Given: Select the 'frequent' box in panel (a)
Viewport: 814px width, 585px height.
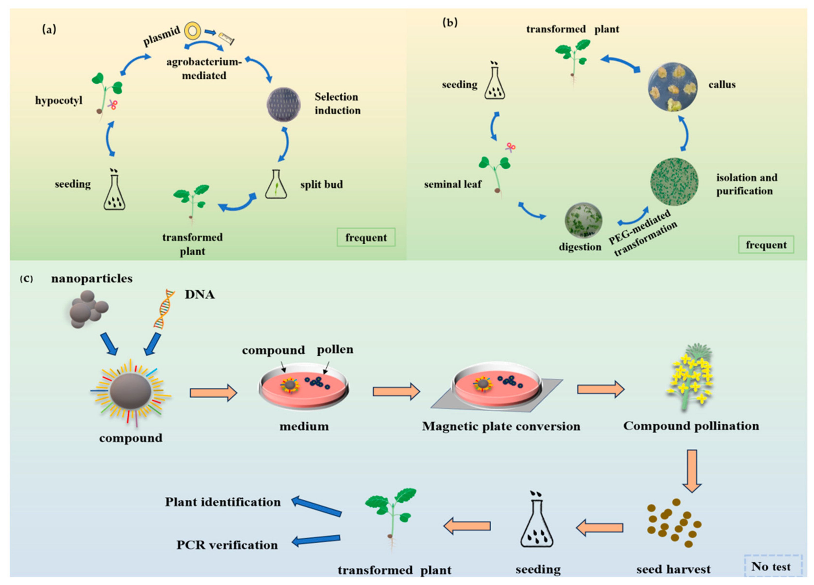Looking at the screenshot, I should click(366, 237).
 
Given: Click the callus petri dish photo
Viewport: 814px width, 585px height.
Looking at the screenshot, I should click(672, 87).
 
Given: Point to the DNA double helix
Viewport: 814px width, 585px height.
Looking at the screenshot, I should click(164, 309).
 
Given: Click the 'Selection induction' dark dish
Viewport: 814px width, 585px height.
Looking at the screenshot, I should click(283, 104).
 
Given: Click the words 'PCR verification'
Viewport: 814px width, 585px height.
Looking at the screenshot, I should click(227, 545).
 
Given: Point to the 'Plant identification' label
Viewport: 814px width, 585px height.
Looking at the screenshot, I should click(222, 502).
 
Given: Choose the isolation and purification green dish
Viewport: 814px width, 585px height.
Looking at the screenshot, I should click(674, 182).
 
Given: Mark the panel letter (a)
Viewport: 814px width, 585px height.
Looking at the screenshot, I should click(49, 29).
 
